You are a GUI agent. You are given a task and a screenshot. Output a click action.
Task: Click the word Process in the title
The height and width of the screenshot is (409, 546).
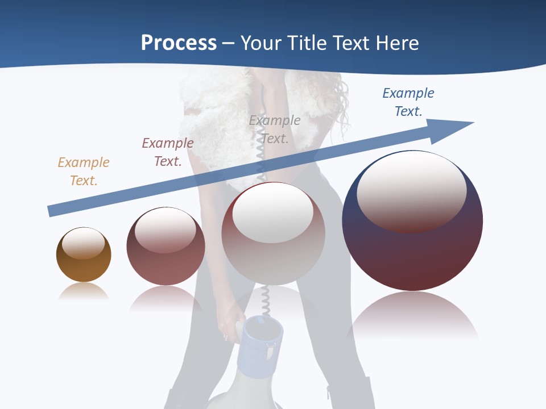coord(179,43)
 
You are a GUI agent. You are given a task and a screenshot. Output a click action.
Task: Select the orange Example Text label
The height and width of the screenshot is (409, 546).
coord(84,171)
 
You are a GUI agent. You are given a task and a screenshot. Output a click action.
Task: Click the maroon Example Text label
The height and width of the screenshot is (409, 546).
coord(168,152)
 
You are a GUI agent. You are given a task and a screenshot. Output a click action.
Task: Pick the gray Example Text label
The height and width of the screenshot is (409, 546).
coord(275,129)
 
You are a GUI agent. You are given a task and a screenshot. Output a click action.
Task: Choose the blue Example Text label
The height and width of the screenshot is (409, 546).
coord(408,102)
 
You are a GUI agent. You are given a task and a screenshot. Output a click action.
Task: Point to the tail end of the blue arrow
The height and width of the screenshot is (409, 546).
coord(51,211)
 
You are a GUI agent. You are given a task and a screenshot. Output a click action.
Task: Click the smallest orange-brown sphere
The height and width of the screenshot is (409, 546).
coord(84,267)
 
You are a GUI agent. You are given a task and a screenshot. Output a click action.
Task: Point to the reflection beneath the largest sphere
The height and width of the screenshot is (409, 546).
coord(413,315)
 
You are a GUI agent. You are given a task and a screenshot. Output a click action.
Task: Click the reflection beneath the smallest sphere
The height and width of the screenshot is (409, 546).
coord(84,291)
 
